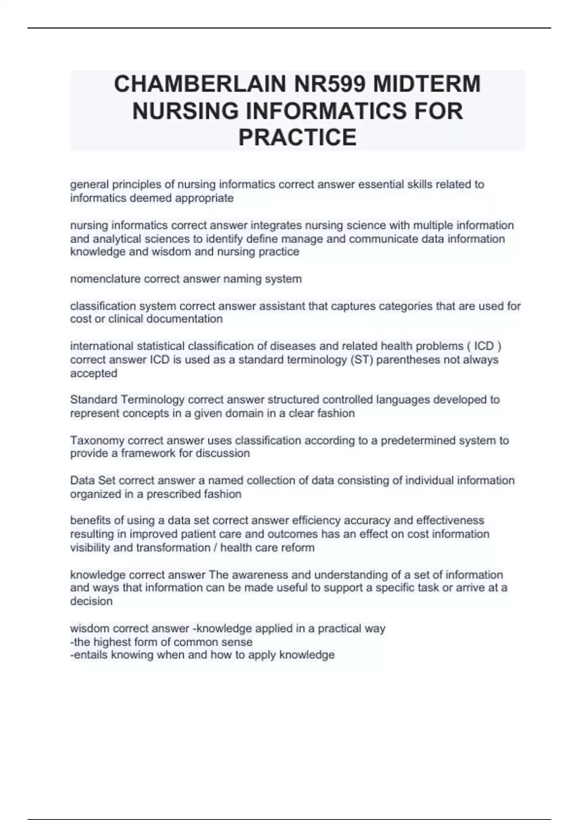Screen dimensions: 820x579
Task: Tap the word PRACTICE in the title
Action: (297, 137)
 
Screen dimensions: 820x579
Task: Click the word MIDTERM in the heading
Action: (427, 84)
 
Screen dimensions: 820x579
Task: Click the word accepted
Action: (94, 373)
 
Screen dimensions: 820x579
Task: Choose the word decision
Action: (91, 601)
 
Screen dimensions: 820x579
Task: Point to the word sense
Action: (236, 642)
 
